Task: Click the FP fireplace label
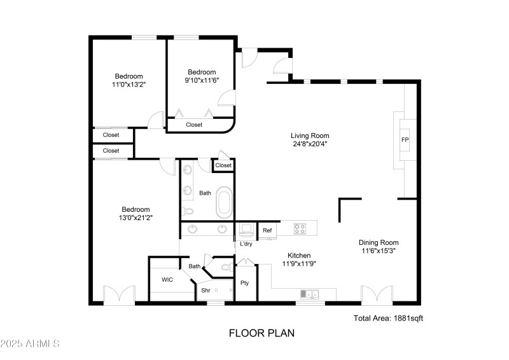(x=404, y=140)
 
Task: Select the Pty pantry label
(x=244, y=282)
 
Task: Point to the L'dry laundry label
(x=246, y=244)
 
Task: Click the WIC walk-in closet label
(x=167, y=279)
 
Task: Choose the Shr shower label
(x=206, y=290)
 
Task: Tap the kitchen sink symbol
(x=310, y=294)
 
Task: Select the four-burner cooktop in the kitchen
(x=301, y=227)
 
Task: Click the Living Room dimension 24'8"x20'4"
(x=310, y=144)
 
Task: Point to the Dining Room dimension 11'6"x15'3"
(x=379, y=251)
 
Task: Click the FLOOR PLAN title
(x=261, y=333)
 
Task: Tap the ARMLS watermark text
(x=31, y=344)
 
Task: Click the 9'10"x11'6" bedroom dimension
(x=202, y=80)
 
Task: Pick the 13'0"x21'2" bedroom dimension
(x=136, y=218)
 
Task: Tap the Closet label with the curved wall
(x=194, y=125)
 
